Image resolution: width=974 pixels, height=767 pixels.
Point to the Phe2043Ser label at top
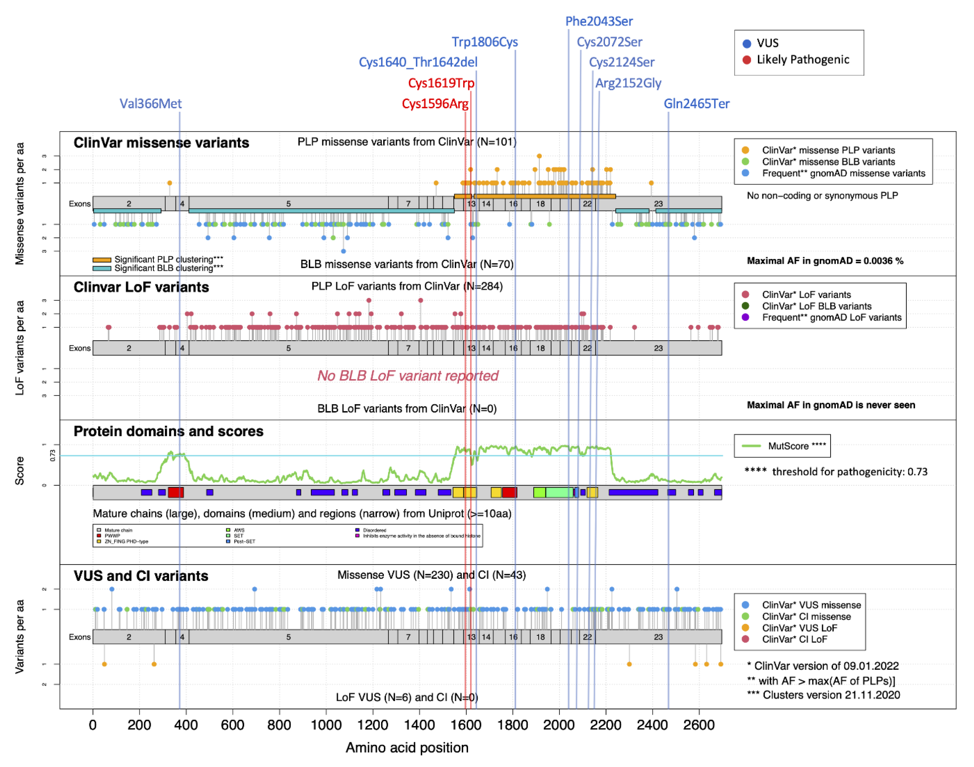[x=599, y=21]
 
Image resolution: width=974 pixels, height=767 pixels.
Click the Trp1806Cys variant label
[x=485, y=42]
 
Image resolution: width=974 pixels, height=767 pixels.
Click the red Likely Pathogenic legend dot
[x=747, y=60]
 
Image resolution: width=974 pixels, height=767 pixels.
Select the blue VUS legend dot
[x=747, y=44]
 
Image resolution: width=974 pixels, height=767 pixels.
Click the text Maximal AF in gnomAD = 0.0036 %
[x=825, y=261]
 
